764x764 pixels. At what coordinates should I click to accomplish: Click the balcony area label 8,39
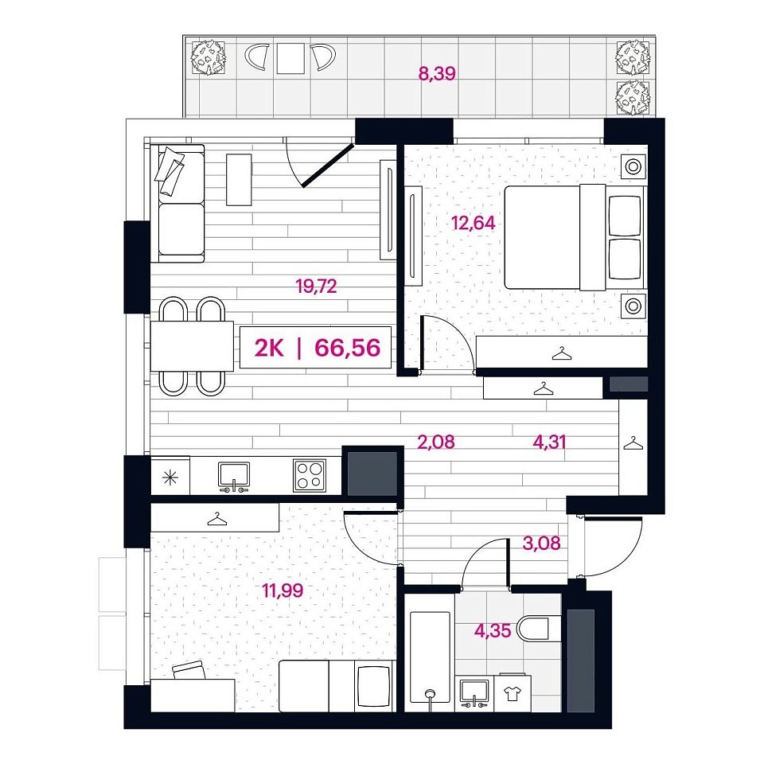(x=437, y=74)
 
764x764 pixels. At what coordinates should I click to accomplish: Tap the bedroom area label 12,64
(x=473, y=223)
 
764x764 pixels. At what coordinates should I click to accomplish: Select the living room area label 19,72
(x=316, y=286)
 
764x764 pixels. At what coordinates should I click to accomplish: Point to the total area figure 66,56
(x=348, y=348)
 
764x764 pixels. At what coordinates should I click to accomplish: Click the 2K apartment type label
(x=269, y=348)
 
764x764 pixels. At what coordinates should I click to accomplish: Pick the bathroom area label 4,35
(x=493, y=630)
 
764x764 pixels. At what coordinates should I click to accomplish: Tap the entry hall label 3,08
(x=541, y=543)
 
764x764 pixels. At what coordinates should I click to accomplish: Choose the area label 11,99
(x=283, y=591)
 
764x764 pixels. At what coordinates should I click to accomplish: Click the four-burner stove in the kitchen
(x=310, y=475)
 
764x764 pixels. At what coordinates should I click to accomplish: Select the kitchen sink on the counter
(x=234, y=476)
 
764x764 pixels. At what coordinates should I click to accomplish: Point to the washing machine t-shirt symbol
(x=512, y=693)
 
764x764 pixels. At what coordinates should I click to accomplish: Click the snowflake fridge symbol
(x=170, y=477)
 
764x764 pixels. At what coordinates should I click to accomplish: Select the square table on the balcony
(x=290, y=58)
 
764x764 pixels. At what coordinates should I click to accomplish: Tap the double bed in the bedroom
(x=574, y=237)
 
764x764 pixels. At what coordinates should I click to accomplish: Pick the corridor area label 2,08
(x=436, y=442)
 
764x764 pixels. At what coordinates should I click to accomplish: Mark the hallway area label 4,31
(x=549, y=442)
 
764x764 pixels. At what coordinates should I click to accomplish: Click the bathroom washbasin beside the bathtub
(x=474, y=693)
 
